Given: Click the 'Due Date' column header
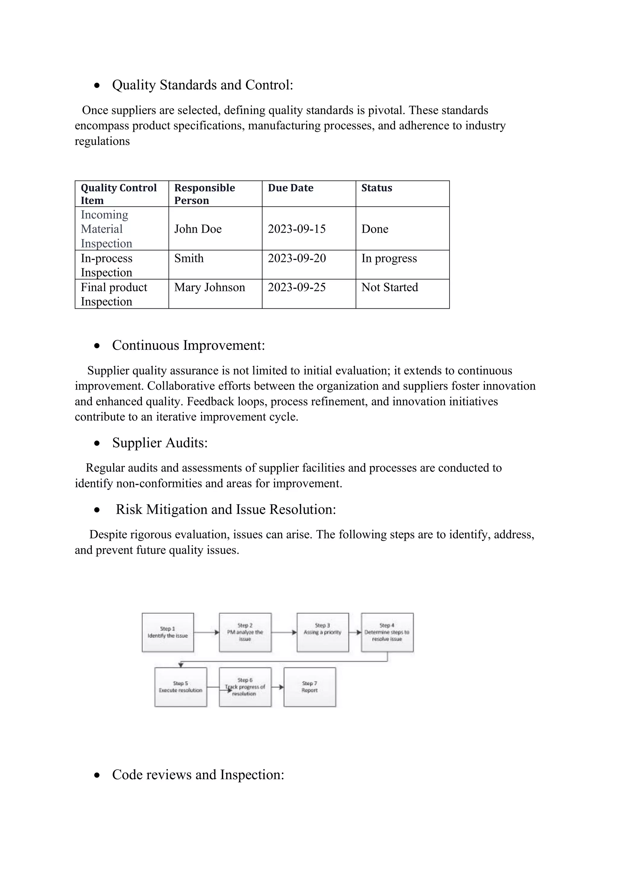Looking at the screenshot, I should coord(290,188).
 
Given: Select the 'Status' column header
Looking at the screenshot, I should coord(376,188).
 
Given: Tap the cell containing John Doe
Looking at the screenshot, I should coord(198,229).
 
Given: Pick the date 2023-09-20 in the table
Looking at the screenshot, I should coord(297,258).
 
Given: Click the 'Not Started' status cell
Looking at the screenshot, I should coord(389,287).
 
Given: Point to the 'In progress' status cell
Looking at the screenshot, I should coord(389,258).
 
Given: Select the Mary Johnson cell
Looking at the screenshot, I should coord(209,287).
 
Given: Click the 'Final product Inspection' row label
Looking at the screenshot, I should coord(114,294).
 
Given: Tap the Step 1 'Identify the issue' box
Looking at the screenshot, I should coord(168,632).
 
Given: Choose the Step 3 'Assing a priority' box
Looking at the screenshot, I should coord(322,632).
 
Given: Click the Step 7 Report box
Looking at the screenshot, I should coord(309,687).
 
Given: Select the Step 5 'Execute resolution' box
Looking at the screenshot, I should coord(180,687).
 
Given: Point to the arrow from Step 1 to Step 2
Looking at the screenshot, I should coord(206,632).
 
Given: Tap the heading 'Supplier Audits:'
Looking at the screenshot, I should coord(160,443).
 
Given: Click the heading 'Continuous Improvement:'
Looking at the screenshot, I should coord(188,345).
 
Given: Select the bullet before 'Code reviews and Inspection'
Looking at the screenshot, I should coord(97,775).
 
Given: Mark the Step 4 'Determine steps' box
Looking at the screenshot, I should coord(387,632).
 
